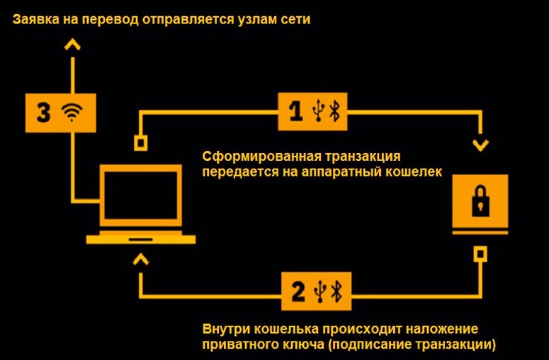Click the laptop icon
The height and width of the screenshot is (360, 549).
[x=140, y=203]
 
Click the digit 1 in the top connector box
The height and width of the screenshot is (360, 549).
[x=297, y=111]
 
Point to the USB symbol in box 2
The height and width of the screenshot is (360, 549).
[x=322, y=289]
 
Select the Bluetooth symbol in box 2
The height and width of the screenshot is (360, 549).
[x=339, y=289]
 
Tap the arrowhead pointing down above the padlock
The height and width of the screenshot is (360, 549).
[x=481, y=146]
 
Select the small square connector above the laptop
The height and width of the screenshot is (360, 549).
[x=141, y=142]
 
